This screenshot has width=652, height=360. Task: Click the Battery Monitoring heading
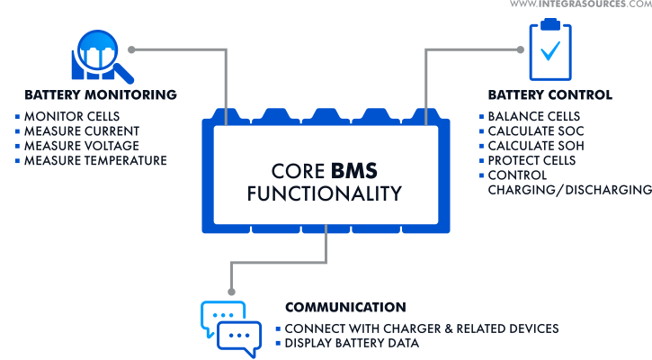pyautogui.click(x=100, y=94)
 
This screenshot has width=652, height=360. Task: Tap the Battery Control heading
pyautogui.click(x=549, y=94)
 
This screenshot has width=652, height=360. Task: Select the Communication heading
pyautogui.click(x=345, y=307)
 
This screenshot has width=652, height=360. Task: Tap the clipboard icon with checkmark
pyautogui.click(x=549, y=49)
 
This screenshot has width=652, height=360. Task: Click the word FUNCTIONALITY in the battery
pyautogui.click(x=325, y=193)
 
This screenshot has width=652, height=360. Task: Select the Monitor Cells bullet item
pyautogui.click(x=71, y=117)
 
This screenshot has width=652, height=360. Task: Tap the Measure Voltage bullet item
pyautogui.click(x=81, y=146)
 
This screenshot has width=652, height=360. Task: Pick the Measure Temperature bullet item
pyautogui.click(x=95, y=160)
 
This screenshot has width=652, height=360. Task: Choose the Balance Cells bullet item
pyautogui.click(x=533, y=117)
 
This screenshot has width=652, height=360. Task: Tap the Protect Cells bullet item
pyautogui.click(x=531, y=160)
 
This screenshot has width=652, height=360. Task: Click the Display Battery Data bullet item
pyautogui.click(x=352, y=343)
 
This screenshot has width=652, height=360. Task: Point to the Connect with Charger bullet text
pyautogui.click(x=422, y=328)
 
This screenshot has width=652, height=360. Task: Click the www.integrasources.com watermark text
pyautogui.click(x=580, y=5)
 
